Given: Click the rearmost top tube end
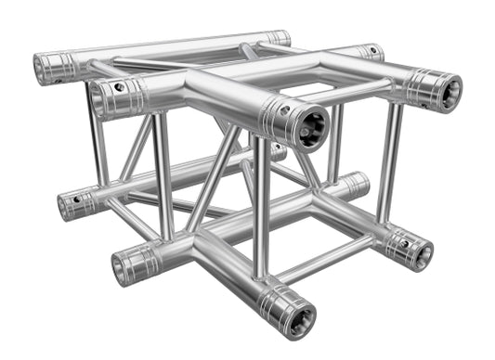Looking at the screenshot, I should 278,38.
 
